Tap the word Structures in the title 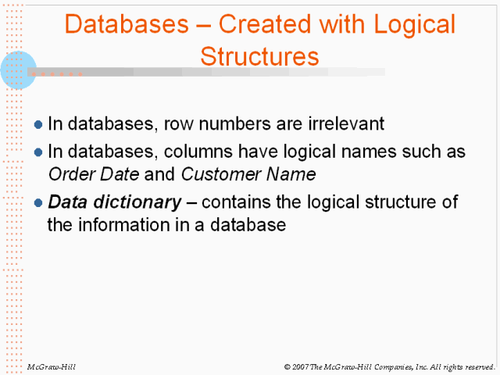pos(259,57)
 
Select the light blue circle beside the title pos(19,70)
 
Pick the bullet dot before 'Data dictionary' pos(39,203)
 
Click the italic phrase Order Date pos(84,173)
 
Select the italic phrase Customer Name pos(248,173)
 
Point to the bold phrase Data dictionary pos(114,202)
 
